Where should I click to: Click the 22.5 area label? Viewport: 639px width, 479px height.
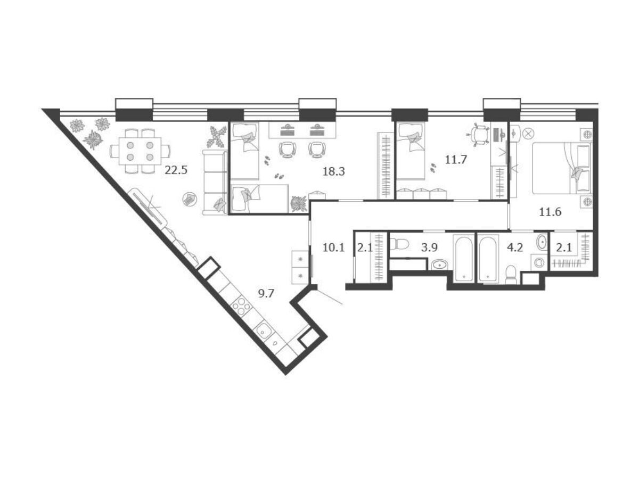pos(176,170)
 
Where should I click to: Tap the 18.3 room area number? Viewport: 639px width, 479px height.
pos(334,171)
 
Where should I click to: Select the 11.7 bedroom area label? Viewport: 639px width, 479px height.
pos(456,159)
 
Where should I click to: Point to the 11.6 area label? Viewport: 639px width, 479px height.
pos(550,212)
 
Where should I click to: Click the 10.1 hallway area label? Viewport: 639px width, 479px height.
pos(334,248)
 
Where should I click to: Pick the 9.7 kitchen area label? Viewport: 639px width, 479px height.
pos(266,294)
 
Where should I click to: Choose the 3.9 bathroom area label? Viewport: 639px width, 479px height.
pos(429,248)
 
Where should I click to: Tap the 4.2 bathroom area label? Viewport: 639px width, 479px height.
pos(515,248)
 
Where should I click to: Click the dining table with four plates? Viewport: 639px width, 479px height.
pos(140,151)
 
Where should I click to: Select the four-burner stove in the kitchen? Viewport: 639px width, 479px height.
pos(241,307)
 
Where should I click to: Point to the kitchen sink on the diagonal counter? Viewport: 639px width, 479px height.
pos(264,331)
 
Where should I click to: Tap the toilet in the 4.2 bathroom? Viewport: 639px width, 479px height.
pos(512,275)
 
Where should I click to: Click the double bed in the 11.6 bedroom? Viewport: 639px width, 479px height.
pos(562,168)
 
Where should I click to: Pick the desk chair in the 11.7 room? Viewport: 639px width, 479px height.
pos(479,134)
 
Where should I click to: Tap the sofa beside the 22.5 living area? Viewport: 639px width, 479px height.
pos(216,183)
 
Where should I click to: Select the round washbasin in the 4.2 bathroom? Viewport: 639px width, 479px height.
pos(542,242)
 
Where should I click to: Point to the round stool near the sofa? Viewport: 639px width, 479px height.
pos(190,200)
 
